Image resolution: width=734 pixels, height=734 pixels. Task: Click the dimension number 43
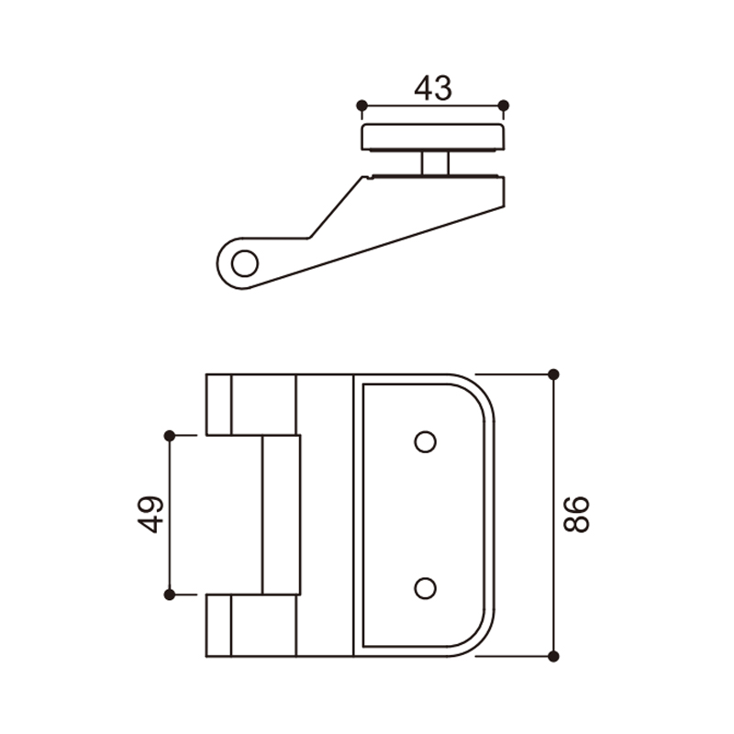tap(433, 88)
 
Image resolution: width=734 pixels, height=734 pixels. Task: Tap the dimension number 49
tap(150, 515)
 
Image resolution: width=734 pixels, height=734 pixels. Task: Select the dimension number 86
tap(576, 515)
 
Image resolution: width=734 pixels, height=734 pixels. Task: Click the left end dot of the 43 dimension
tap(361, 106)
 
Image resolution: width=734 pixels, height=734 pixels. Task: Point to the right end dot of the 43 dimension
tap(504, 106)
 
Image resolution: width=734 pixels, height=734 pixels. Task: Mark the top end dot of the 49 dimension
tap(170, 436)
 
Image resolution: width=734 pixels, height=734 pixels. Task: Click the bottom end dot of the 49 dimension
tap(170, 595)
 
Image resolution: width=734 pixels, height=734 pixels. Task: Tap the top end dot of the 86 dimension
tap(553, 374)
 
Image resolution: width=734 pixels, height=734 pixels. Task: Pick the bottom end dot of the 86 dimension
tap(553, 656)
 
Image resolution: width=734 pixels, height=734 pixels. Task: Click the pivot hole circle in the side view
tap(245, 263)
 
